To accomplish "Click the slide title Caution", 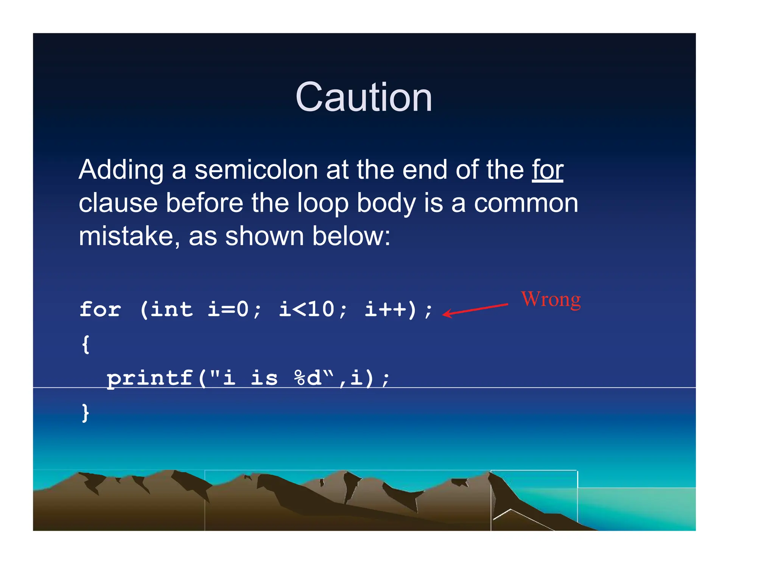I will pos(364,97).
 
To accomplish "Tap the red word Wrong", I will pos(551,300).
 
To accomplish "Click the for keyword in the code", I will pos(100,309).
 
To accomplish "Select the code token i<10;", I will pos(313,309).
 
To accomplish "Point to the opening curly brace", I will pos(86,344).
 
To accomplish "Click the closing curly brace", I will pos(86,412).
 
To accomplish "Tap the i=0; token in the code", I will pos(234,309).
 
